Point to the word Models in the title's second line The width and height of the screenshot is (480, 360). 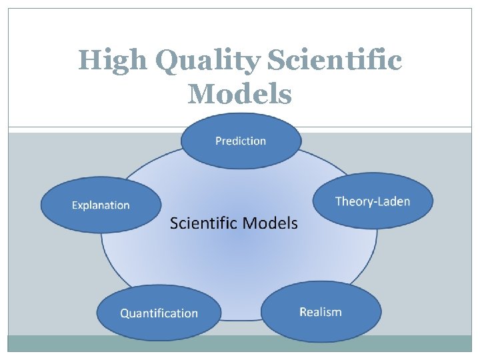point(240,94)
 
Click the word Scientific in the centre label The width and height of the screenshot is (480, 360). point(202,223)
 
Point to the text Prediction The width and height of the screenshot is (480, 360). point(241,141)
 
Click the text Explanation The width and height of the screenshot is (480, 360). point(101,205)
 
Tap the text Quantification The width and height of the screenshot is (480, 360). point(159,313)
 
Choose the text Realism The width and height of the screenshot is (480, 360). point(321,312)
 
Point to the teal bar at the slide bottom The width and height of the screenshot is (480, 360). point(240,343)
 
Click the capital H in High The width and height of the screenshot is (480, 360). point(90,61)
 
